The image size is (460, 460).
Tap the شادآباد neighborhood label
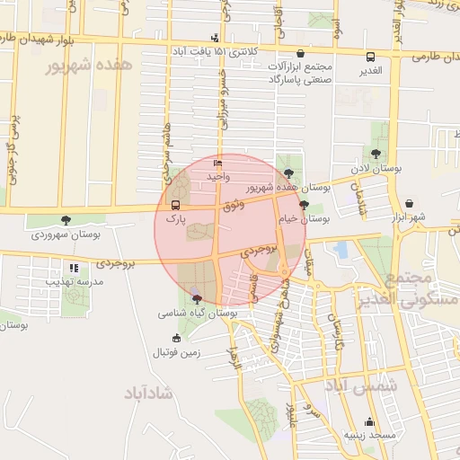pos(150,393)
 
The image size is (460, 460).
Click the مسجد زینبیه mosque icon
pos(368,422)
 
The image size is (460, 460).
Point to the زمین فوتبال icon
pos(176,339)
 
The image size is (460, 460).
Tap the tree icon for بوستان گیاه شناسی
pos(197,299)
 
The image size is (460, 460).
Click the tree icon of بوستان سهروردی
pos(66,220)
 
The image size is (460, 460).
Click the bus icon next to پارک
pos(175,205)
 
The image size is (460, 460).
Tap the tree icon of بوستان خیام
pos(305,205)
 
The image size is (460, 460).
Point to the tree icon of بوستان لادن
pos(376,155)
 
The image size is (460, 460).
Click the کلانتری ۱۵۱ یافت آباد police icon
pos(214,38)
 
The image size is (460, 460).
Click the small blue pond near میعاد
pos(340,249)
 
